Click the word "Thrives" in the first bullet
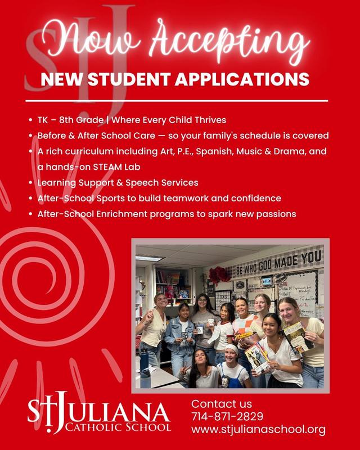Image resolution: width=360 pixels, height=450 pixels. click(207, 120)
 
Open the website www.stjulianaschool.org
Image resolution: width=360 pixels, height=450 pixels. click(258, 430)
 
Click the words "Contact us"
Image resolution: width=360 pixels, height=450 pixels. click(222, 404)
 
